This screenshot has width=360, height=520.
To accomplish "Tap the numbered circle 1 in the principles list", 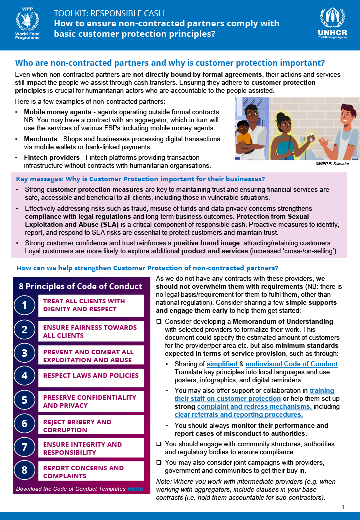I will click(x=25, y=305).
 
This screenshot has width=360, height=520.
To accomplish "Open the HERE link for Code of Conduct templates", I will click(x=135, y=489).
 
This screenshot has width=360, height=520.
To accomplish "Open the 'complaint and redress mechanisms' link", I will click(x=254, y=407).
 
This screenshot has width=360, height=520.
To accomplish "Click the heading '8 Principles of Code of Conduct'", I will click(x=80, y=286).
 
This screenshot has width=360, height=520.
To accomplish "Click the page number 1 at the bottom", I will click(x=344, y=507).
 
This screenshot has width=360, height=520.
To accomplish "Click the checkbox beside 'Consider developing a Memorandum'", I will click(x=159, y=321).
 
